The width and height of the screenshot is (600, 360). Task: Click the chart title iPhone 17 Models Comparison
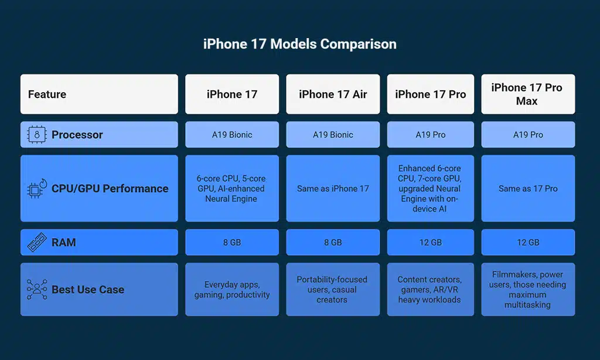(x=299, y=45)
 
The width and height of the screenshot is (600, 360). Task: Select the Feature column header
(x=47, y=94)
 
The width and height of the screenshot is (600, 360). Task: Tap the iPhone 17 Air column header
(x=333, y=94)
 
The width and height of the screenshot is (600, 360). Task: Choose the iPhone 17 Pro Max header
(x=527, y=94)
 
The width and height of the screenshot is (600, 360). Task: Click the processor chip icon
(x=37, y=135)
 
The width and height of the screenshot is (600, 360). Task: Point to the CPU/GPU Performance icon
(x=37, y=189)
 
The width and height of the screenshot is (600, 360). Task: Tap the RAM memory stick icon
(x=37, y=242)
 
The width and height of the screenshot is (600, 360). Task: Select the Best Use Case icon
(x=37, y=290)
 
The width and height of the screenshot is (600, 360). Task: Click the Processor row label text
(x=77, y=135)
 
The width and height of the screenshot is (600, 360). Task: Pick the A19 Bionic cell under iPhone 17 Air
(x=333, y=135)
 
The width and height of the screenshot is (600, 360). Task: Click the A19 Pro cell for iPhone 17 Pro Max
(x=528, y=135)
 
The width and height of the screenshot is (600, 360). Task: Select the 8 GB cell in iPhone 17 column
(x=232, y=242)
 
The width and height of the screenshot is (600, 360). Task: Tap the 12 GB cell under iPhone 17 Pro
(x=430, y=242)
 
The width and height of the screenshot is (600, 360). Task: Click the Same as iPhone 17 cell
(x=333, y=189)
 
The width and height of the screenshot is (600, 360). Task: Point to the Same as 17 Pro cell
(x=528, y=189)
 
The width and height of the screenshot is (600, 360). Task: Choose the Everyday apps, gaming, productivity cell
(x=232, y=290)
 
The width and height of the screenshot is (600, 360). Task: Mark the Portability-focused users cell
(x=333, y=290)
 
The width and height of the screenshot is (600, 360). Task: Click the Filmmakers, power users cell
(x=528, y=290)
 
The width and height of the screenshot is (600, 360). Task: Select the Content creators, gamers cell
(x=430, y=290)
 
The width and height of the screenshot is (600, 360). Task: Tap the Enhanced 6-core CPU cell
(x=430, y=189)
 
